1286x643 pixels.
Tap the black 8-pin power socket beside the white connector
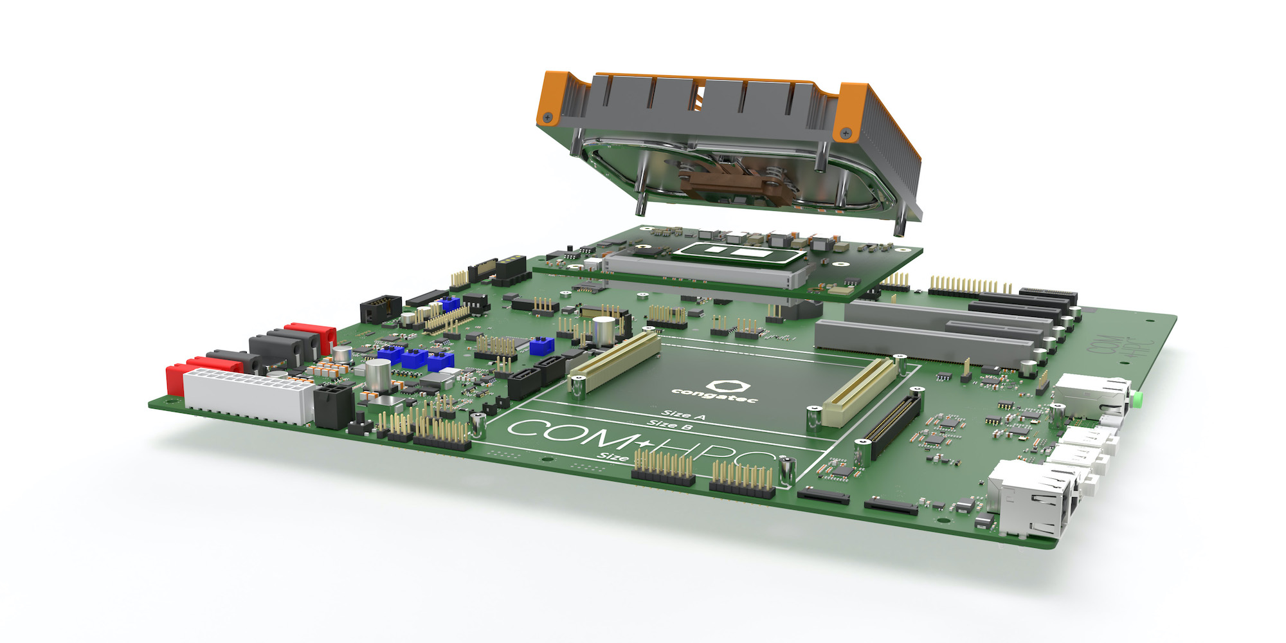click(333, 406)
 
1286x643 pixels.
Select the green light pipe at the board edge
click(1137, 400)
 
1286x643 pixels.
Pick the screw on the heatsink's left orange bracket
click(548, 117)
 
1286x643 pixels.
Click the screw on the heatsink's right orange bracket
click(846, 133)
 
